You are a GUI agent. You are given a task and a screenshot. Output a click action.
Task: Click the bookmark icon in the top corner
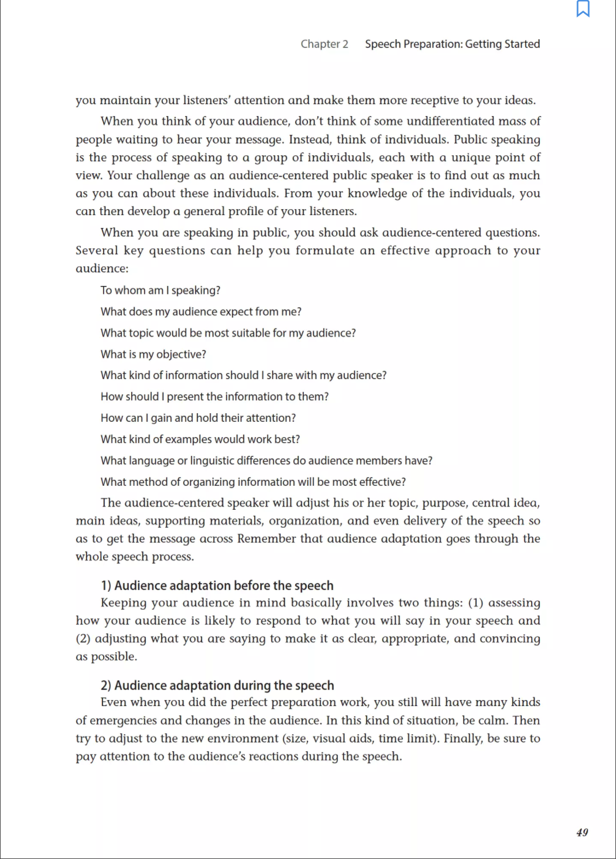(583, 9)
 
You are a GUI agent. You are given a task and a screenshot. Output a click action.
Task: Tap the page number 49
(582, 832)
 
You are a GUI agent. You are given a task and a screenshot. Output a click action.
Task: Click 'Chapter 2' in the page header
(324, 44)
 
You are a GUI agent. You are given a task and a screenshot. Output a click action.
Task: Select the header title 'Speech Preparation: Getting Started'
(452, 44)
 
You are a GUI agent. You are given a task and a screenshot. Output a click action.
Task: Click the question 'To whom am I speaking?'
(160, 290)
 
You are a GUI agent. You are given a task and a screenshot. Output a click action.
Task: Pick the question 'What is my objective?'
(153, 354)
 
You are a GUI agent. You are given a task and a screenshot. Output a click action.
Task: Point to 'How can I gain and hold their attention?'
(198, 418)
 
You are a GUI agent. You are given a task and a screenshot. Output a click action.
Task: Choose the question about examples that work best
(200, 439)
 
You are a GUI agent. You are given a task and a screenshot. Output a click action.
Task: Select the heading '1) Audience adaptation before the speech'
(217, 585)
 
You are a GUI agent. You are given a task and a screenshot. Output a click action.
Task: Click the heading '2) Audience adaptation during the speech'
(217, 685)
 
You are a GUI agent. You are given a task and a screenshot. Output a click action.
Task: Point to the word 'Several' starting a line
(97, 250)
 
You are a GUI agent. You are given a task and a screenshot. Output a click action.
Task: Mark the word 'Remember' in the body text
(266, 538)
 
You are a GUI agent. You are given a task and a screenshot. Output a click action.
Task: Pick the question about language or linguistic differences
(266, 461)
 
